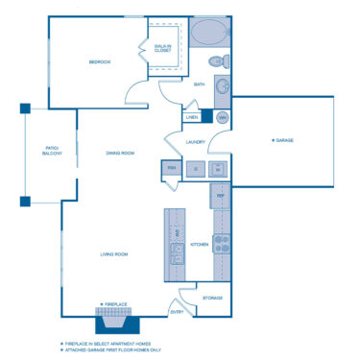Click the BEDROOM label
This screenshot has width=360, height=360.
coord(100,62)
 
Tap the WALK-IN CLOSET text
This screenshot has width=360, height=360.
coord(164,45)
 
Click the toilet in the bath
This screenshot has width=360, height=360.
coord(216,63)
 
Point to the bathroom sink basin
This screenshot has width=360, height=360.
coord(222,87)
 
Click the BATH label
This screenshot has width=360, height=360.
coord(199,84)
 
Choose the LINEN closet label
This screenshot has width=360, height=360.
coord(192,117)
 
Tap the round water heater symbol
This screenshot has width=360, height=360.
coord(222,117)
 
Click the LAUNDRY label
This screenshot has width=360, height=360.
coord(196,141)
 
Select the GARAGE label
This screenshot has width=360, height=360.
coord(283,141)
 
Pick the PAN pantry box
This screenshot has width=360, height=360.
coord(172,169)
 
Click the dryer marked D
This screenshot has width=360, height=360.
coord(196,169)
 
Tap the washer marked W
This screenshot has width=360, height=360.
coord(219,169)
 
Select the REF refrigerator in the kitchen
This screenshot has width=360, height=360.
coord(220,196)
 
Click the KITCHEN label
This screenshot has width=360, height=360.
coord(199,245)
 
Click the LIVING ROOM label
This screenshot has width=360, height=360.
coord(115,254)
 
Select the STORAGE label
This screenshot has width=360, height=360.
coord(212,298)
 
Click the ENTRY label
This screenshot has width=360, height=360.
coord(177,312)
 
